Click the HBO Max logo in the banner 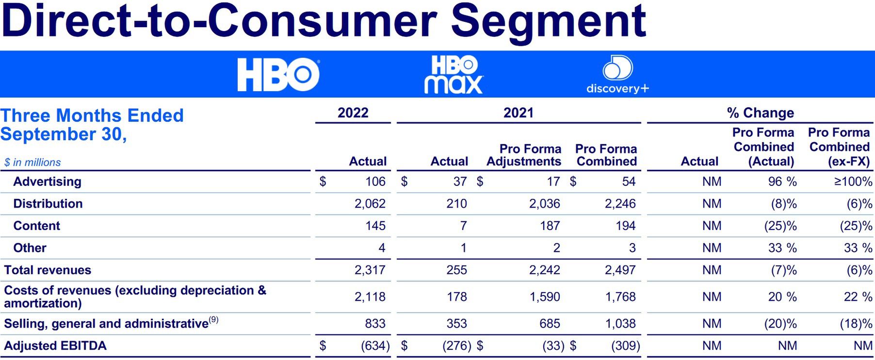[x=454, y=75]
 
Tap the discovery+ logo [x=617, y=75]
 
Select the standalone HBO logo [x=278, y=75]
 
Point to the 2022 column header [x=353, y=113]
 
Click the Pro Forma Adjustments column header [x=524, y=155]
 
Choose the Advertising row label [x=47, y=181]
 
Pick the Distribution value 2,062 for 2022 [x=370, y=204]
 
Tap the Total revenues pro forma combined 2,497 [x=620, y=270]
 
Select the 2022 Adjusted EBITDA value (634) [x=375, y=346]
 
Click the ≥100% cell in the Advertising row [x=853, y=181]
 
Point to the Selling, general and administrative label [x=106, y=324]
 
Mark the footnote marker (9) [x=214, y=320]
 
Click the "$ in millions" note [x=32, y=163]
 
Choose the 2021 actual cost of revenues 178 [x=456, y=297]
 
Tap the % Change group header [x=760, y=113]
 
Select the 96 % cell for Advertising [x=782, y=181]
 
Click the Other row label [x=30, y=248]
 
